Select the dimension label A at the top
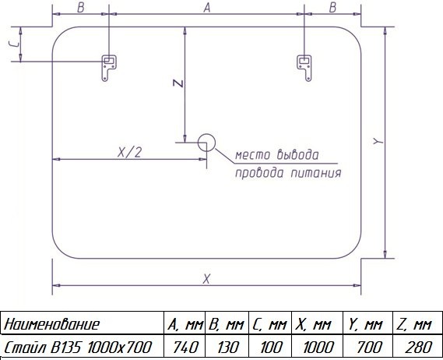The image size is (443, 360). [207, 8]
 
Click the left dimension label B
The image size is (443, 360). [80, 8]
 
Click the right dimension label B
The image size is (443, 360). [332, 8]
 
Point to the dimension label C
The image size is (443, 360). [14, 44]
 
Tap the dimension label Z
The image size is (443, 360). [178, 83]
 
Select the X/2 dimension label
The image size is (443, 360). [129, 153]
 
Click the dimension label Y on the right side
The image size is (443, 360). [378, 140]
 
